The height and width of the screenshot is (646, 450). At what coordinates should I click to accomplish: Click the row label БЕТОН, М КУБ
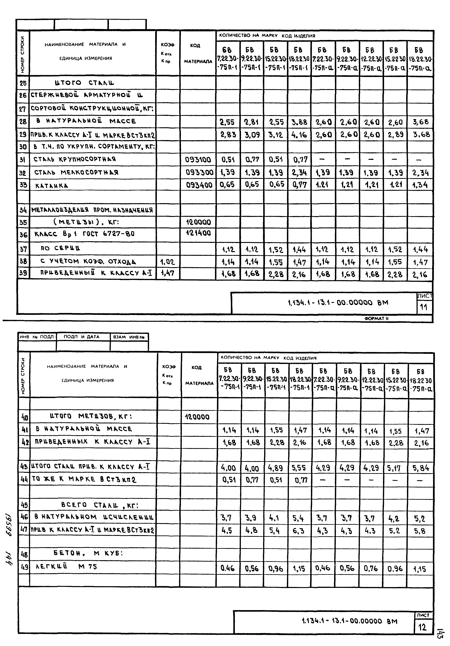[88, 553]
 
